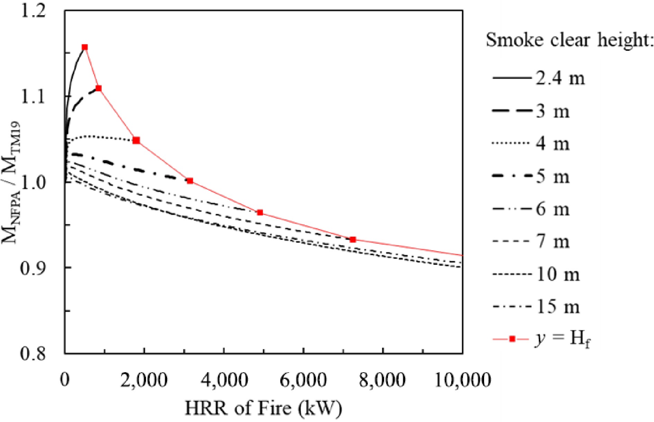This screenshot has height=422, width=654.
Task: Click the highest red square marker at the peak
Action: pos(84,47)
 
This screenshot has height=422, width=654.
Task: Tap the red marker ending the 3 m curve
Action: pos(98,88)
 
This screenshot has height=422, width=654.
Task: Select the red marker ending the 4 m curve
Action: pos(136,140)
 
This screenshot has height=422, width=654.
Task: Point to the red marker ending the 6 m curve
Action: pos(260,212)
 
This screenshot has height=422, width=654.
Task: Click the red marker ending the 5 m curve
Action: pos(190,180)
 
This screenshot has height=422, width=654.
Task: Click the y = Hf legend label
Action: pos(562,339)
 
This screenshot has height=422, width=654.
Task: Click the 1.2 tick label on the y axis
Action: pos(33,11)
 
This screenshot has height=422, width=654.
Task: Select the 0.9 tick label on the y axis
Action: pos(33,268)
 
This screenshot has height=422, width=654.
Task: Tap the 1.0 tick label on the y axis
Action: pos(33,182)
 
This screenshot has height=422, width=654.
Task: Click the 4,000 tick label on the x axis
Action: pos(225,380)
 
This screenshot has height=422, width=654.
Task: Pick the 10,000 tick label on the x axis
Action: pos(462,380)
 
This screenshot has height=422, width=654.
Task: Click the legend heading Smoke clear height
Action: pos(569,40)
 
